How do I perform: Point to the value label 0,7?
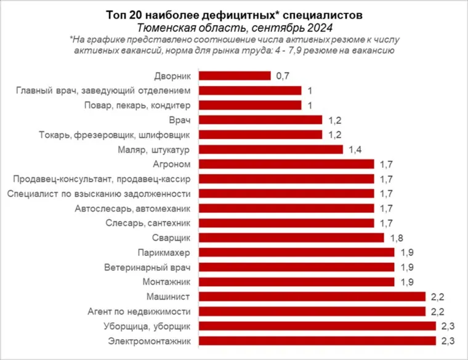[282, 76]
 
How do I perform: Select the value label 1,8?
[395, 238]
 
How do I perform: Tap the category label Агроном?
[172, 164]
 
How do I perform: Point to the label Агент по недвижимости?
[140, 311]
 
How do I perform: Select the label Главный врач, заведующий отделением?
[103, 90]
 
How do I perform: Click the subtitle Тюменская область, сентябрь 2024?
[234, 28]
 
